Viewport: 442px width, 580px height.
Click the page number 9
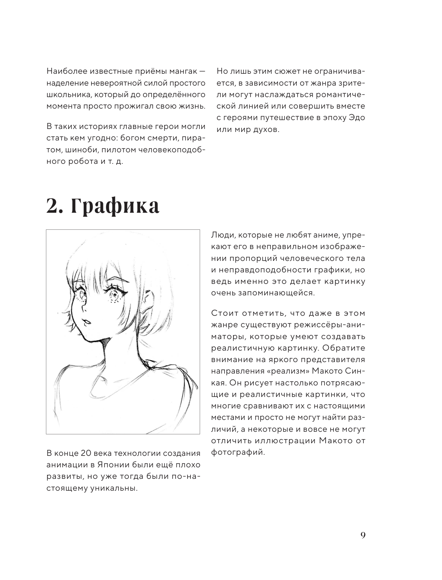(x=363, y=536)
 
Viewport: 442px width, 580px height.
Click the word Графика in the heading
(x=115, y=206)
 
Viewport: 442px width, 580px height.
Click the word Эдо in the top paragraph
(x=357, y=118)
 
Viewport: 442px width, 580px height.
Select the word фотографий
(x=238, y=452)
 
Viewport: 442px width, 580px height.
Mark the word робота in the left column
(x=82, y=162)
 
